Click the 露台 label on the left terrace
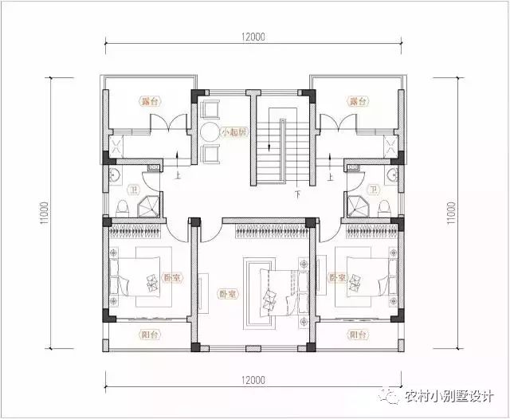[x=148, y=102]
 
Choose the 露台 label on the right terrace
[x=357, y=102]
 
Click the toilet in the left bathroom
[x=120, y=207]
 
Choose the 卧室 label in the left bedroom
[x=170, y=278]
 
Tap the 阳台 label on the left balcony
[x=148, y=335]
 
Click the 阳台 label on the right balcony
[x=357, y=335]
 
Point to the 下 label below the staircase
[x=296, y=193]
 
